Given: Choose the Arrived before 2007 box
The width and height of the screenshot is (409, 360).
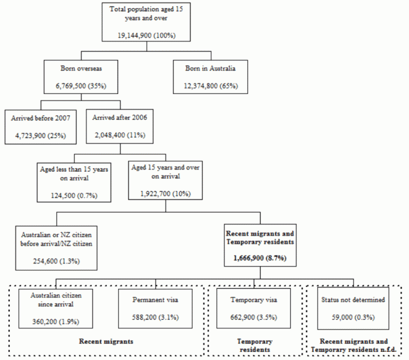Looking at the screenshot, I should click(x=40, y=127).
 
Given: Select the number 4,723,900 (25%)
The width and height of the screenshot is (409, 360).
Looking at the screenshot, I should click(x=40, y=136).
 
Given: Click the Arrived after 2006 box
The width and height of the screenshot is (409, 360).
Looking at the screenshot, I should click(x=120, y=127).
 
